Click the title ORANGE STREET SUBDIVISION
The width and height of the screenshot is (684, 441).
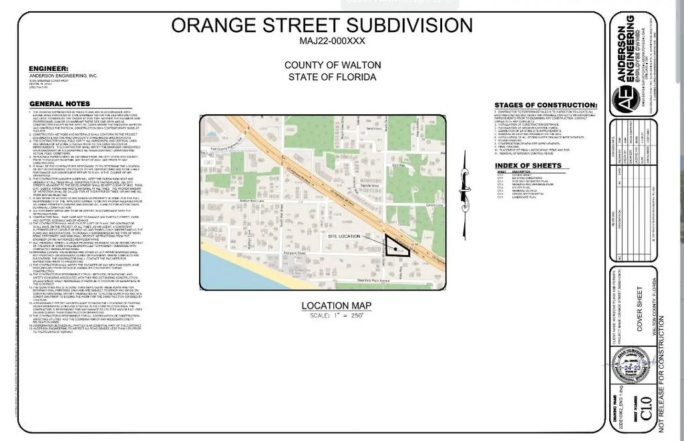pos(322,25)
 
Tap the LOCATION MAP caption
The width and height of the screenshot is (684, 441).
pos(336,305)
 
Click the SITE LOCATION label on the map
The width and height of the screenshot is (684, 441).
pos(344,236)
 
